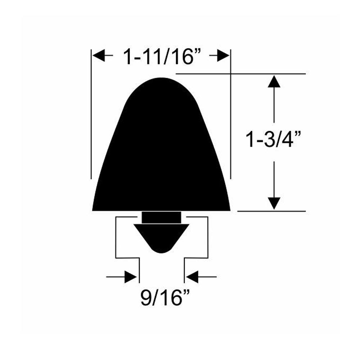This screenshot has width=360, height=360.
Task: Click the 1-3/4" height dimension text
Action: (273, 139)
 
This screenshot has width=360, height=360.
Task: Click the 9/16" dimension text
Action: (165, 297)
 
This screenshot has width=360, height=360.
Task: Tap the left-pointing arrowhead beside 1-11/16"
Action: (99, 55)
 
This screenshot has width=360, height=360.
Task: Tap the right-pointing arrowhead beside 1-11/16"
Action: (223, 55)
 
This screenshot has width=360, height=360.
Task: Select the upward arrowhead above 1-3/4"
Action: (274, 81)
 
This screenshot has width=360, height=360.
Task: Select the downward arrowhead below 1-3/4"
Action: (274, 203)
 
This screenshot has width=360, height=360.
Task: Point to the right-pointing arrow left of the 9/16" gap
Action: (121, 277)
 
